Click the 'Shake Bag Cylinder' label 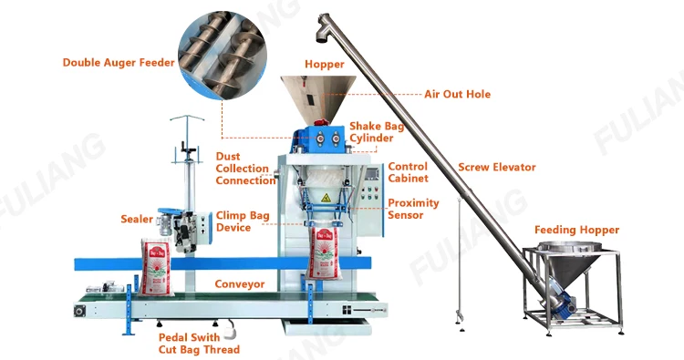pyautogui.click(x=372, y=132)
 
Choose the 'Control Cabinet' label pyautogui.click(x=408, y=172)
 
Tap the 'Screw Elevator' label pyautogui.click(x=496, y=167)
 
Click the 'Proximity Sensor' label pyautogui.click(x=413, y=209)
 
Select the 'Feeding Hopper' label pyautogui.click(x=576, y=230)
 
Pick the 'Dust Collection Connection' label pyautogui.click(x=245, y=169)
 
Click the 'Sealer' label pyautogui.click(x=137, y=219)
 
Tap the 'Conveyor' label pyautogui.click(x=240, y=283)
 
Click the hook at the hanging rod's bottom pyautogui.click(x=459, y=319)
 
